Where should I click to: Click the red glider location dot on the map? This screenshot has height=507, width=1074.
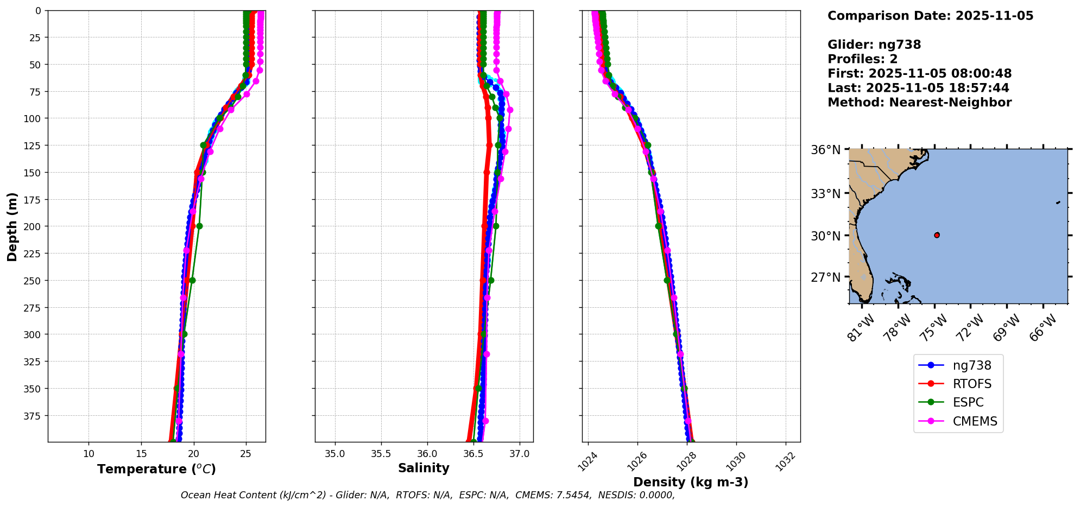click(x=937, y=235)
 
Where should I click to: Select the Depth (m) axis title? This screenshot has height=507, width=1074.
click(x=12, y=226)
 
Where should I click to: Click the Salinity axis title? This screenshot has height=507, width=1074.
click(x=424, y=468)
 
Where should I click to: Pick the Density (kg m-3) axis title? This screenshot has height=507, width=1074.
click(x=691, y=482)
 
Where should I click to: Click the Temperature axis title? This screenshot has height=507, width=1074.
click(x=156, y=469)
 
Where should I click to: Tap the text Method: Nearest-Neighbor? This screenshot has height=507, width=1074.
click(x=919, y=103)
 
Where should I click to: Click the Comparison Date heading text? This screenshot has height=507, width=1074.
click(x=930, y=16)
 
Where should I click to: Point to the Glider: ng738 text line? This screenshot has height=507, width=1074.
click(x=874, y=45)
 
